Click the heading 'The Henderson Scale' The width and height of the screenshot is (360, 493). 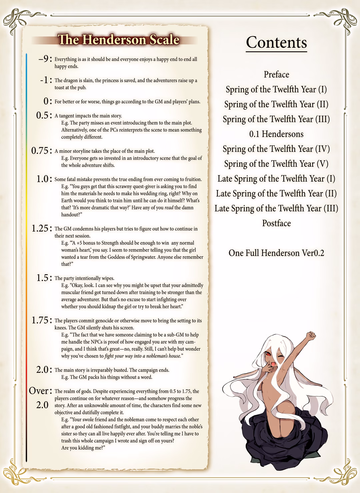[118, 40]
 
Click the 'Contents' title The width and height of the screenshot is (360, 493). [276, 43]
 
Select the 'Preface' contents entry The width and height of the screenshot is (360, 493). [276, 74]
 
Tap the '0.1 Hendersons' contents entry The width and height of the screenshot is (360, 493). [276, 134]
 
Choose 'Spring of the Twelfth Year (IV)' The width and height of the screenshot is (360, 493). [276, 149]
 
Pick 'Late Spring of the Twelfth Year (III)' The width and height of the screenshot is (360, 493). [276, 209]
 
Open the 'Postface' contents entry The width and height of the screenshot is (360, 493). [276, 223]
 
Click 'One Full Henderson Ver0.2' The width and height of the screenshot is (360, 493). [276, 253]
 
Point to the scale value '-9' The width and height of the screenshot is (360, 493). [43, 59]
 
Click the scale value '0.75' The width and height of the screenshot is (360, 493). [40, 151]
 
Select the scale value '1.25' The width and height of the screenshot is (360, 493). [40, 229]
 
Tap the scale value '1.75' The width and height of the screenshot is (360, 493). [40, 320]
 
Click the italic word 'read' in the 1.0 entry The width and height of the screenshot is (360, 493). [169, 208]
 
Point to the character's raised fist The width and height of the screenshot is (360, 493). [311, 334]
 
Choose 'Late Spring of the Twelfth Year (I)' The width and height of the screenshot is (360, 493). [276, 179]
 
